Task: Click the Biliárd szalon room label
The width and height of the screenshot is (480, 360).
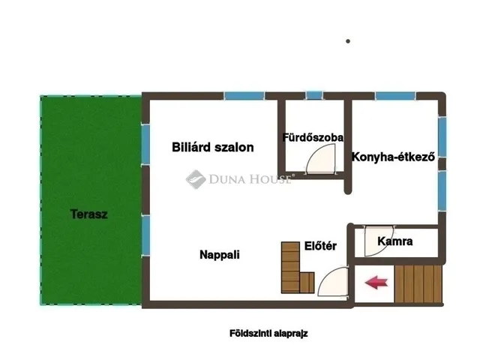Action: click(x=212, y=148)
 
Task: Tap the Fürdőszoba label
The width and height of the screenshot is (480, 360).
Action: click(x=313, y=138)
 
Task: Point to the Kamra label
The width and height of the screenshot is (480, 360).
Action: click(x=395, y=241)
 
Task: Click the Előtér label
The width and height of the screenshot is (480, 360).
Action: click(x=319, y=245)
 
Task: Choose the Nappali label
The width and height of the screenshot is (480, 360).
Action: click(x=219, y=254)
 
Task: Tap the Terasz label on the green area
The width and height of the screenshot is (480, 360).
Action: click(x=89, y=214)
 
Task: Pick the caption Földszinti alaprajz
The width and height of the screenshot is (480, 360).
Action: click(x=268, y=334)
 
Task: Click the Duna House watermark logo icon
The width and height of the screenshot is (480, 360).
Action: click(x=196, y=179)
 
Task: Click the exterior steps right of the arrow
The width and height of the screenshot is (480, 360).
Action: click(x=419, y=284)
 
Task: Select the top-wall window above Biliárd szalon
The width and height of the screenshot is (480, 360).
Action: click(x=244, y=96)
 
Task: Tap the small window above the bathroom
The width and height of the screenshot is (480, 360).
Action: click(x=314, y=95)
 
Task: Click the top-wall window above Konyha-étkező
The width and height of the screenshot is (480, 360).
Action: click(x=395, y=96)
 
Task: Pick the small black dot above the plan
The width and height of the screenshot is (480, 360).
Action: click(x=348, y=41)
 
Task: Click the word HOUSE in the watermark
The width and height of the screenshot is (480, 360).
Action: click(x=268, y=179)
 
